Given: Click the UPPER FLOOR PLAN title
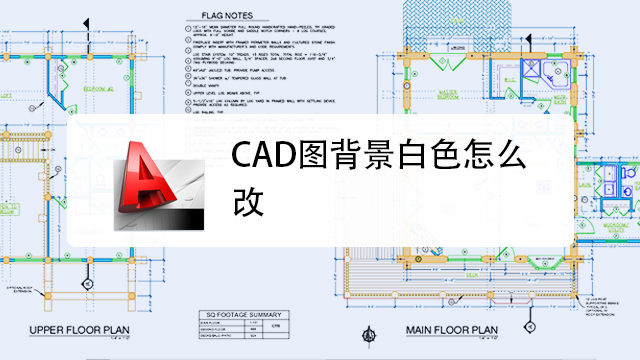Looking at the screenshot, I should coord(81,330).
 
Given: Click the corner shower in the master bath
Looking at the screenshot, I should coord(545,71).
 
